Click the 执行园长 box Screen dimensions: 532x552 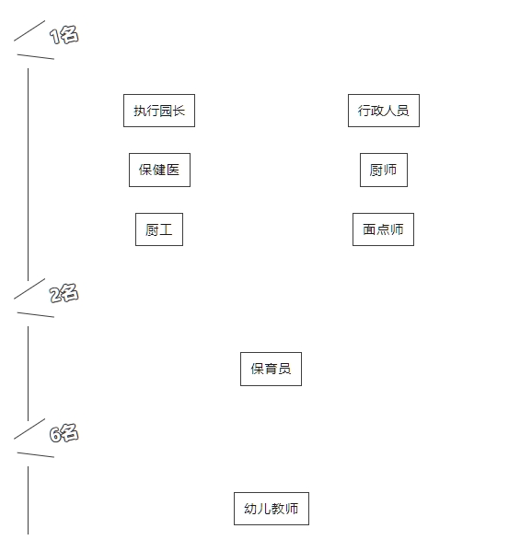pos(159,111)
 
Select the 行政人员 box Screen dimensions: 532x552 pos(384,111)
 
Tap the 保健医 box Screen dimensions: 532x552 pos(159,170)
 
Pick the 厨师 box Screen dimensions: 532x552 pos(384,170)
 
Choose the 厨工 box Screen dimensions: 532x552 pos(159,229)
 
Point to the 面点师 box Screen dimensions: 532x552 pos(383,229)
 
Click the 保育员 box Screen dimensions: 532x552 pos(271,369)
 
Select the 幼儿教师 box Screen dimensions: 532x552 pos(272,509)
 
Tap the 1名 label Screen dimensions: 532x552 pos(64,35)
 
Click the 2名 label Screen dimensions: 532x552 pos(64,293)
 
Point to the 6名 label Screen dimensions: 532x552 pos(64,433)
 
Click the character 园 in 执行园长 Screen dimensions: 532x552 pos(166,111)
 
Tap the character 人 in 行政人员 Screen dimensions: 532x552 pos(390,111)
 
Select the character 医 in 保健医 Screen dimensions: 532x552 pos(173,170)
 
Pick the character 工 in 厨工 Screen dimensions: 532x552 pos(166,229)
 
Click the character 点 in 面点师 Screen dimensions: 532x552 pos(383,229)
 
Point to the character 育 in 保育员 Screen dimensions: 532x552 pos(271,369)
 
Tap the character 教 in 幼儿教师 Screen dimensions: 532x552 pos(278,509)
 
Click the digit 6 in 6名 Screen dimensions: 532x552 pos(55,435)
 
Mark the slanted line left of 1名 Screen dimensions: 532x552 pos(29,30)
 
